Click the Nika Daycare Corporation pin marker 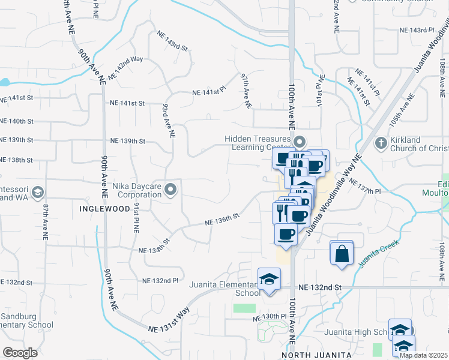[x=170, y=190]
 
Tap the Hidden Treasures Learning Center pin [x=300, y=142]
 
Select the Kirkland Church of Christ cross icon [x=380, y=143]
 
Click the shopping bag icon [x=342, y=253]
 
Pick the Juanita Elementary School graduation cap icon [x=269, y=280]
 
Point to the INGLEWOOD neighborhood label [x=105, y=209]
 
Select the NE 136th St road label [x=222, y=221]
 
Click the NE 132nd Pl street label [x=160, y=280]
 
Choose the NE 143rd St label [x=172, y=41]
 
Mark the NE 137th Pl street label [x=364, y=187]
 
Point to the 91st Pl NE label [x=136, y=218]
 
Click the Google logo [x=20, y=353]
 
